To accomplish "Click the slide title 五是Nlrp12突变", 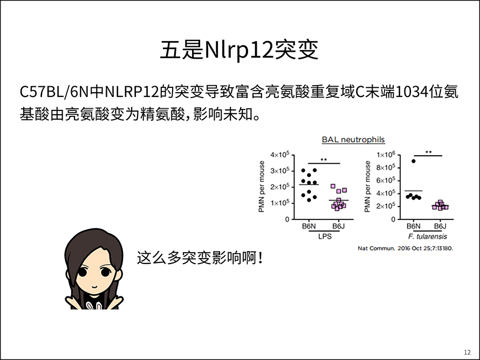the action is click(239, 50).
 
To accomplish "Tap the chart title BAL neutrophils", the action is click(353, 140).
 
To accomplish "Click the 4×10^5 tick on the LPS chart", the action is click(279, 155).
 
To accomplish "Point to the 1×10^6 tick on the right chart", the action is click(386, 154).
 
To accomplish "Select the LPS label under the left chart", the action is click(325, 237).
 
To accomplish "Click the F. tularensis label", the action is click(427, 237).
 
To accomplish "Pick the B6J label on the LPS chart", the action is click(339, 226).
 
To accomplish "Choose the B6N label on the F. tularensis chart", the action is click(414, 226).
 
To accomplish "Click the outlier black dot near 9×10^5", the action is click(414, 161).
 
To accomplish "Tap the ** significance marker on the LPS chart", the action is click(324, 160).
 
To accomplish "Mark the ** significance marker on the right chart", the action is click(429, 152).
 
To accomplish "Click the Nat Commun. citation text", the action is click(406, 248).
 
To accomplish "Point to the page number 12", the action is click(467, 352).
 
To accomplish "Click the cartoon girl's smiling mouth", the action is click(94, 287).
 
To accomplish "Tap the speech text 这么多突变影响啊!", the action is click(200, 258).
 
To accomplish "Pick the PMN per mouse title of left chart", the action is click(262, 186).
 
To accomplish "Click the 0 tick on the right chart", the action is click(393, 219).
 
